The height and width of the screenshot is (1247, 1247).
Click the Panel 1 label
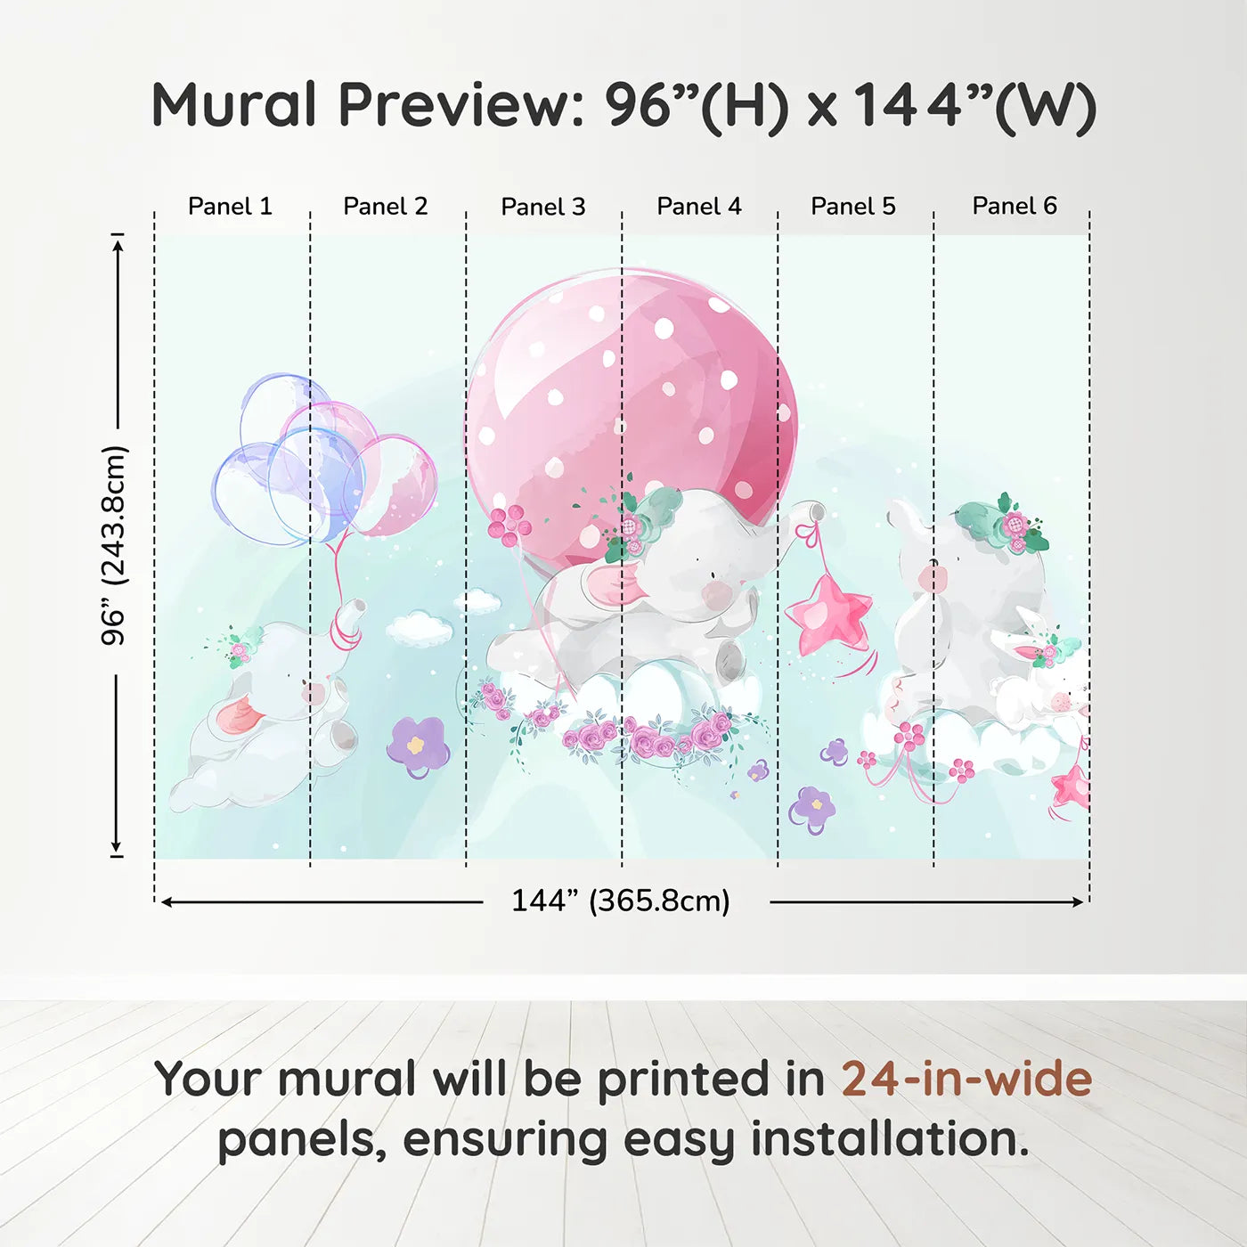pos(230,206)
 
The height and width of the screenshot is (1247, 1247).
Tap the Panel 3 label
pos(543,207)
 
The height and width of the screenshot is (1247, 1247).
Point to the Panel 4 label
pos(699,206)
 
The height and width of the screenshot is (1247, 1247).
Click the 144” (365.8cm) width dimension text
pos(621,901)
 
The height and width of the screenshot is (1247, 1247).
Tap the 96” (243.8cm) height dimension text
pos(114,545)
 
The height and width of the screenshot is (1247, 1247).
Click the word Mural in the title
pos(233,104)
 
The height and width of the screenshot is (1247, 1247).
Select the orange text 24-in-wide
pos(966,1079)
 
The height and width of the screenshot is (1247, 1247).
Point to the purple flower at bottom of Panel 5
pos(812,808)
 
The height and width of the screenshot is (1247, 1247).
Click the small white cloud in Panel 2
pos(419,628)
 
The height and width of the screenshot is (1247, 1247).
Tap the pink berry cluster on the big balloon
pos(509,523)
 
